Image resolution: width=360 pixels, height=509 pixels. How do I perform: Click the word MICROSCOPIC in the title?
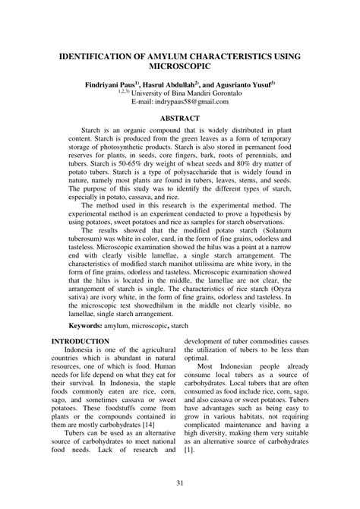(179, 68)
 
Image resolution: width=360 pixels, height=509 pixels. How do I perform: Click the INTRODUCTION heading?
(80, 343)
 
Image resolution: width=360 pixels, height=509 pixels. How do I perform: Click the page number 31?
(180, 485)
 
